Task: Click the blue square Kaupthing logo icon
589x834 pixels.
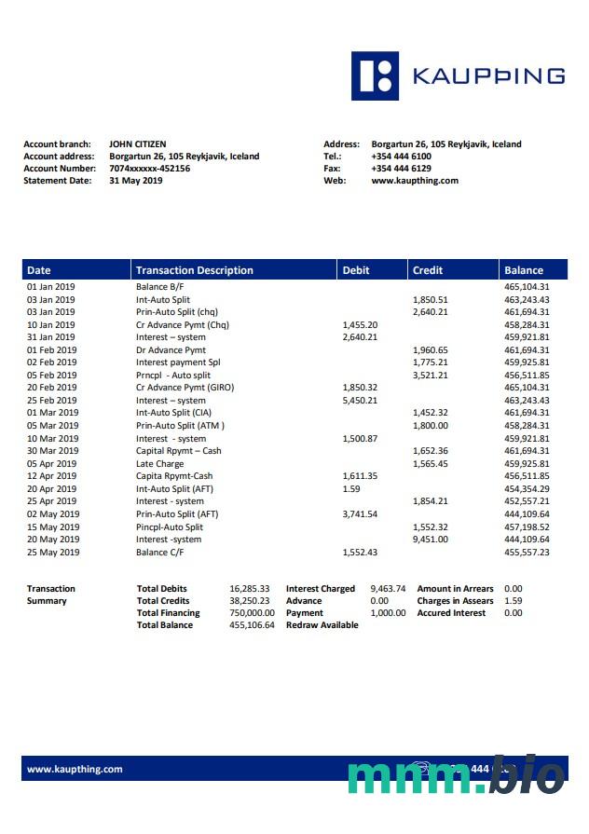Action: point(375,75)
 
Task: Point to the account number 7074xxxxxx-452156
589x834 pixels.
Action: point(149,169)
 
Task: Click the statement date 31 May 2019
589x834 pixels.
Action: point(135,181)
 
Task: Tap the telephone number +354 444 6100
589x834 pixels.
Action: point(401,157)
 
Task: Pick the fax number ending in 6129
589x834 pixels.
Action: point(401,169)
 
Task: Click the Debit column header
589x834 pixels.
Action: point(356,270)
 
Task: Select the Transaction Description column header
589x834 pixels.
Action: point(195,270)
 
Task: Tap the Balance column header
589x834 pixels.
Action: point(524,270)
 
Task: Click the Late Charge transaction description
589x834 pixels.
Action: point(159,463)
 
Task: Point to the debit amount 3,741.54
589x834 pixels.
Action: point(360,513)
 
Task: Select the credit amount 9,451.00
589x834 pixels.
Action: point(430,539)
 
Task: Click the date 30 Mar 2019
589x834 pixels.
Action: point(52,451)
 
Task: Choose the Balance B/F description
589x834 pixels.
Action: point(159,287)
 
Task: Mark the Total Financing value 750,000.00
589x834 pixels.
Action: point(252,613)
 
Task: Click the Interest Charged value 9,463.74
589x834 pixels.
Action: point(388,589)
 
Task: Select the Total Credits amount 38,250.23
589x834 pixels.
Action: point(250,601)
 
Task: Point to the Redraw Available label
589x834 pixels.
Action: point(322,625)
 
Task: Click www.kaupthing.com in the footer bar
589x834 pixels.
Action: point(75,769)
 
